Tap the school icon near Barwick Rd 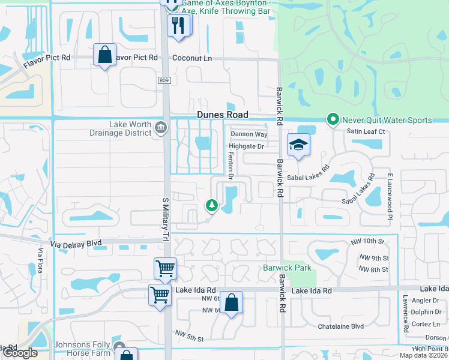pyautogui.click(x=298, y=145)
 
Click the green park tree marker pyautogui.click(x=211, y=206)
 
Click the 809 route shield pyautogui.click(x=164, y=80)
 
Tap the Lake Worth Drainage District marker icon pyautogui.click(x=161, y=127)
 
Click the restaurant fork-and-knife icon pyautogui.click(x=179, y=25)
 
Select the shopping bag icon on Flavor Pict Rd pyautogui.click(x=104, y=55)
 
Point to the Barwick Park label pyautogui.click(x=287, y=268)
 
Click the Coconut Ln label pyautogui.click(x=192, y=58)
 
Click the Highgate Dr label pyautogui.click(x=246, y=146)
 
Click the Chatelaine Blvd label pyautogui.click(x=341, y=326)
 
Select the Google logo pyautogui.click(x=19, y=352)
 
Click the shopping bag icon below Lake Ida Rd pyautogui.click(x=231, y=303)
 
